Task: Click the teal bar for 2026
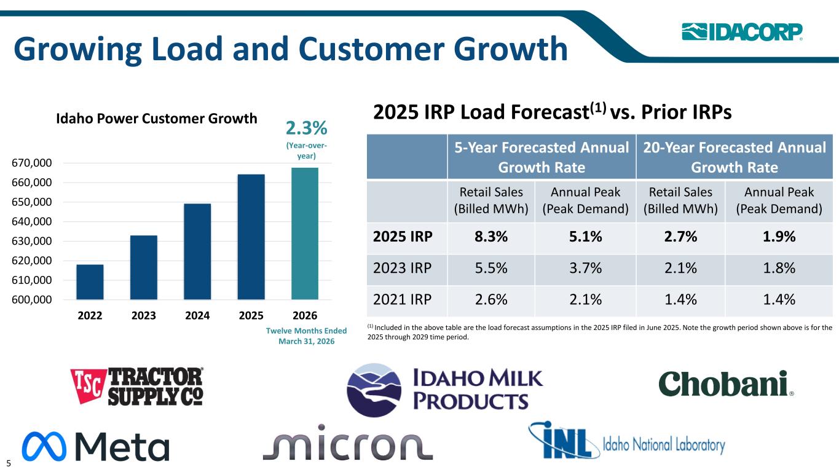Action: click(x=305, y=234)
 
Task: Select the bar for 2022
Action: click(x=90, y=281)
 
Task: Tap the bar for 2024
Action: click(x=197, y=251)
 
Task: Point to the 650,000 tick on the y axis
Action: click(x=32, y=202)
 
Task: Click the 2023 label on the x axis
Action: click(x=143, y=315)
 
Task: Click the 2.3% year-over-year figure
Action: click(x=306, y=128)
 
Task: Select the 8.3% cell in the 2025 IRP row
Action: click(x=491, y=237)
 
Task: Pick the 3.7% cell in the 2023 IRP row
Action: click(x=585, y=268)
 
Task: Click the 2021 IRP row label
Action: click(x=402, y=299)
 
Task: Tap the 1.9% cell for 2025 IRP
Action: click(x=779, y=237)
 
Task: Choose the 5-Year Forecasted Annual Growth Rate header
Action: click(x=542, y=157)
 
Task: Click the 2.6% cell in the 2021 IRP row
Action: click(x=491, y=299)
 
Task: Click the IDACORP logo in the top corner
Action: click(x=742, y=31)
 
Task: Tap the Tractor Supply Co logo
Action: click(x=137, y=386)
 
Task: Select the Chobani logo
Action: click(x=726, y=383)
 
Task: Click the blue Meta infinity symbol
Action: click(x=44, y=446)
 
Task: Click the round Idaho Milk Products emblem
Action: click(x=374, y=390)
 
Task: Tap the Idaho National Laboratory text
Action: click(x=664, y=445)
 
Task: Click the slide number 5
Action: click(x=8, y=463)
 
